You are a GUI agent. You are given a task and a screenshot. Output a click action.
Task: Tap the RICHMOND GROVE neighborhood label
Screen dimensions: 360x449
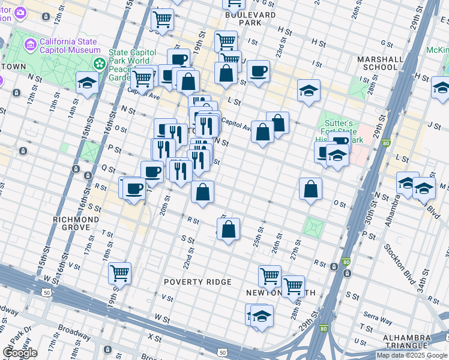coord(76,224)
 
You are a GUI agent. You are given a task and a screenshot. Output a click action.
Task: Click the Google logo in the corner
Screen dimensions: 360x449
coord(20,353)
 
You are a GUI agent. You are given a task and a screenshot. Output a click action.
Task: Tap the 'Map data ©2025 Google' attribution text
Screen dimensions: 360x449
coord(412,355)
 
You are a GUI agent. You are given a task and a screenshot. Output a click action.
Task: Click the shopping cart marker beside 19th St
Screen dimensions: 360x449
coord(119,272)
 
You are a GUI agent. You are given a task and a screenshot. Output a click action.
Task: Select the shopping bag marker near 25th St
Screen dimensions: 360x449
coord(228,229)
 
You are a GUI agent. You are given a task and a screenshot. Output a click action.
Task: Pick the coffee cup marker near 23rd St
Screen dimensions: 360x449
coord(258,71)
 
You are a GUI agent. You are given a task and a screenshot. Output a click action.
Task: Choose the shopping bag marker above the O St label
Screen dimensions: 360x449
coord(310,189)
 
